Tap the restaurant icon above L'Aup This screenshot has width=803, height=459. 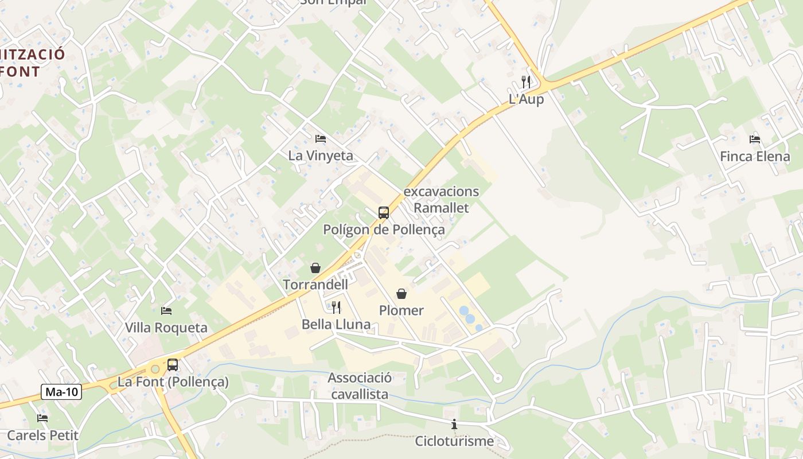click(526, 82)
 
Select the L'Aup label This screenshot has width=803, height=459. click(526, 99)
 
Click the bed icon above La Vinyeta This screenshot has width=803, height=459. click(321, 139)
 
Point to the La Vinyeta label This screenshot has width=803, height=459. click(321, 155)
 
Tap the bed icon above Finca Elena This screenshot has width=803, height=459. click(755, 139)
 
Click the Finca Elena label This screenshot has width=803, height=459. click(755, 156)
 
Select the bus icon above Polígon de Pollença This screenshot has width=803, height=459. click(384, 213)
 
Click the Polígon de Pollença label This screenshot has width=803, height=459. click(384, 229)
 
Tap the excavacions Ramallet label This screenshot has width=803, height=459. click(441, 199)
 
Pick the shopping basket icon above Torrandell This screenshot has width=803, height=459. click(315, 268)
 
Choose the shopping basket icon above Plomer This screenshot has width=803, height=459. click(402, 294)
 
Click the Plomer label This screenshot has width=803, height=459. click(402, 310)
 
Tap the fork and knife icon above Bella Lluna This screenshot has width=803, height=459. click(336, 308)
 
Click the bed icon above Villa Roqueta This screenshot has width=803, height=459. click(166, 311)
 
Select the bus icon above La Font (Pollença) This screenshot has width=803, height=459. click(173, 364)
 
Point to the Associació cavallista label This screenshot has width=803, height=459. click(360, 386)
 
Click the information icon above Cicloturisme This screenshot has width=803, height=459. click(454, 425)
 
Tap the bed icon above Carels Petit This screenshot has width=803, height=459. click(42, 418)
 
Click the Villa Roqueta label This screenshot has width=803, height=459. click(166, 328)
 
